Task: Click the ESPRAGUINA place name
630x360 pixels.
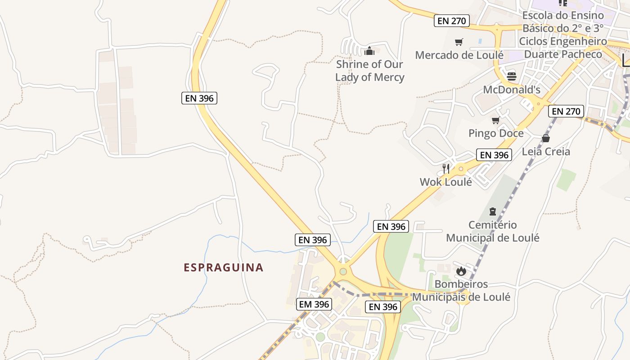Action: pos(223,268)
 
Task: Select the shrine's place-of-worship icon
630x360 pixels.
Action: pos(369,50)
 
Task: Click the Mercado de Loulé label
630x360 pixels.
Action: pos(459,55)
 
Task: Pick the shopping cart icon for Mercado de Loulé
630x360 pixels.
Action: pos(459,42)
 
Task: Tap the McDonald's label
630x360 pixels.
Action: pos(512,90)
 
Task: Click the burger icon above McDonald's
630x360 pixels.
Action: pos(512,76)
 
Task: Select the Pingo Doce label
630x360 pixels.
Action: pos(496,133)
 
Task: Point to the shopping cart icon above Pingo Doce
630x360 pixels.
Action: pos(496,120)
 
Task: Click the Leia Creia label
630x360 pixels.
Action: pos(546,151)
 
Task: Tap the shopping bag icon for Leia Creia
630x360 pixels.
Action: pos(546,138)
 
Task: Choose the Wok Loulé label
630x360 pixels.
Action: pos(446,182)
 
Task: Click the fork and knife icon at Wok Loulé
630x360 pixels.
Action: pos(446,169)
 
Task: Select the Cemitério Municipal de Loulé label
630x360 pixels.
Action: pos(493,231)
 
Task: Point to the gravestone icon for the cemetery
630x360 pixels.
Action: pos(493,211)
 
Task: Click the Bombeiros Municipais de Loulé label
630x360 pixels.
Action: pos(461,290)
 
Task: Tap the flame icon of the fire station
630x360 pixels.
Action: pos(461,271)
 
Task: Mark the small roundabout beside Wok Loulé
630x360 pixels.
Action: pos(461,169)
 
